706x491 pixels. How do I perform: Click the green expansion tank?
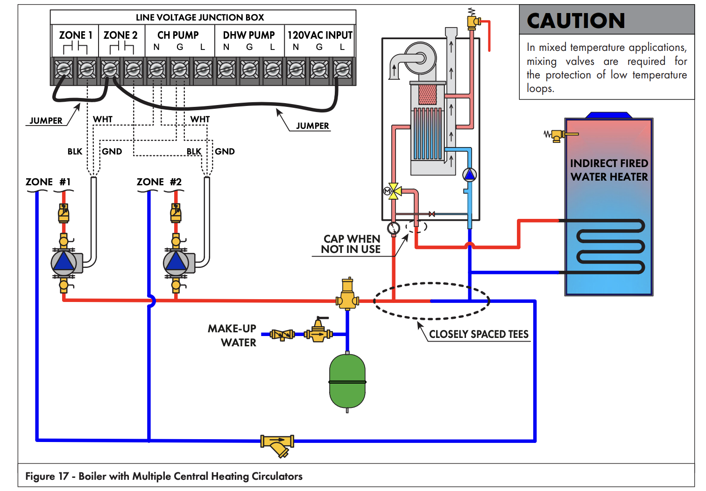click(x=347, y=381)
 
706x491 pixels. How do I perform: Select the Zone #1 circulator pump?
click(x=64, y=262)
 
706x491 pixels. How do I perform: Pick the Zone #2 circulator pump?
click(x=176, y=262)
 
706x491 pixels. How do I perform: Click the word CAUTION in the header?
click(x=576, y=21)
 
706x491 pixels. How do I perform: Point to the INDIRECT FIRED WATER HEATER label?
click(x=609, y=170)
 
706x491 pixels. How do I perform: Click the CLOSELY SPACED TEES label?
click(x=479, y=334)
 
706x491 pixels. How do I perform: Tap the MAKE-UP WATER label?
click(x=232, y=336)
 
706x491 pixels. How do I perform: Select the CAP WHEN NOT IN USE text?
click(x=351, y=244)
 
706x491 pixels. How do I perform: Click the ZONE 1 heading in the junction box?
click(x=75, y=35)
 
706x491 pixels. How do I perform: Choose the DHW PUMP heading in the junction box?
click(x=249, y=35)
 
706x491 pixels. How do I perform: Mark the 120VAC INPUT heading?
click(x=320, y=35)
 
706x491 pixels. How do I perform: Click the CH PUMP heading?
click(x=178, y=35)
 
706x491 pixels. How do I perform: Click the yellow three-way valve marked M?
click(x=394, y=191)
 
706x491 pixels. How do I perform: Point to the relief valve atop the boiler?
click(x=473, y=21)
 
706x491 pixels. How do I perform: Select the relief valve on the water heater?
click(x=557, y=135)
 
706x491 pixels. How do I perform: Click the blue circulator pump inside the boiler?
click(x=469, y=175)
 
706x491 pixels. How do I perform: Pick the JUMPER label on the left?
click(x=46, y=120)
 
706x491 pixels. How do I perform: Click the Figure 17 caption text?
click(x=164, y=476)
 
